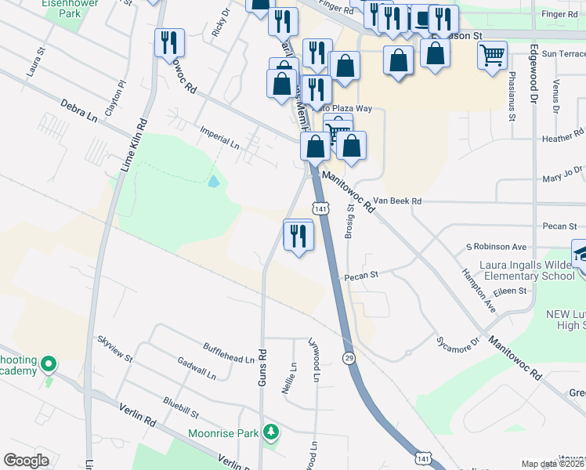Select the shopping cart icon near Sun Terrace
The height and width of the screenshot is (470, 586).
492,56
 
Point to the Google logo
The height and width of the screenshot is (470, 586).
26,460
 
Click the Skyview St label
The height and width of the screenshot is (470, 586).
115,350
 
